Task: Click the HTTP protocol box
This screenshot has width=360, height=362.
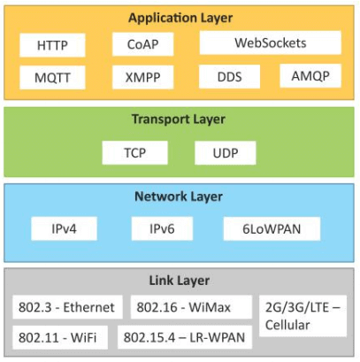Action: tap(51, 45)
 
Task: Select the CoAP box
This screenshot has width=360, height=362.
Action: tap(142, 44)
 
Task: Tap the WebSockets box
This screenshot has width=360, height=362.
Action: tap(270, 42)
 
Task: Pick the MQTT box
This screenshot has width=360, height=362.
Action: tap(52, 77)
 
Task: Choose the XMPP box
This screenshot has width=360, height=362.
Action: tap(142, 77)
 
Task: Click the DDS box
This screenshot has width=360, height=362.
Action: tap(229, 76)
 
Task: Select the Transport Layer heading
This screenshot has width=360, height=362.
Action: tap(178, 119)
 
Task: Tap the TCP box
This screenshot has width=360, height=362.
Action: tap(134, 152)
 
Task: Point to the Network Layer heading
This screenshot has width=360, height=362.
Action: tap(178, 196)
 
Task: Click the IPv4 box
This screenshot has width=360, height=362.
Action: tap(65, 228)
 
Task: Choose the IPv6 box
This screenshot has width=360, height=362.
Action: tap(161, 228)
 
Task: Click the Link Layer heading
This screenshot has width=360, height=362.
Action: tap(178, 281)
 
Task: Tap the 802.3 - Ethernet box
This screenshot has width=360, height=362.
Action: tap(66, 307)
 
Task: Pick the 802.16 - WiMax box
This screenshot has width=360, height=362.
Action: tap(184, 307)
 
